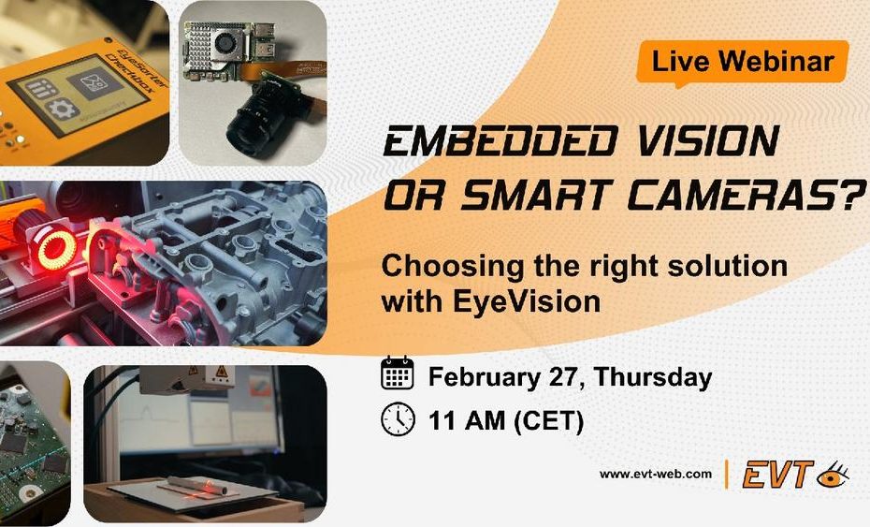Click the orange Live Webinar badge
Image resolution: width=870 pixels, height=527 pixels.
(743, 62)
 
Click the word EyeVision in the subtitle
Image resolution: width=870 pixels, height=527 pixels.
(527, 302)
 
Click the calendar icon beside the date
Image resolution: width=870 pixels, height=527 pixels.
(398, 373)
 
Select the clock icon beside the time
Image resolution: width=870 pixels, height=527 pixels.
(398, 420)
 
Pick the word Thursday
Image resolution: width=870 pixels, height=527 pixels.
(653, 377)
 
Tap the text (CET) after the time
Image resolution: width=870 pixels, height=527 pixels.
(549, 421)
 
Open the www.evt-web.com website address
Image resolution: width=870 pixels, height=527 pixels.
(655, 475)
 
